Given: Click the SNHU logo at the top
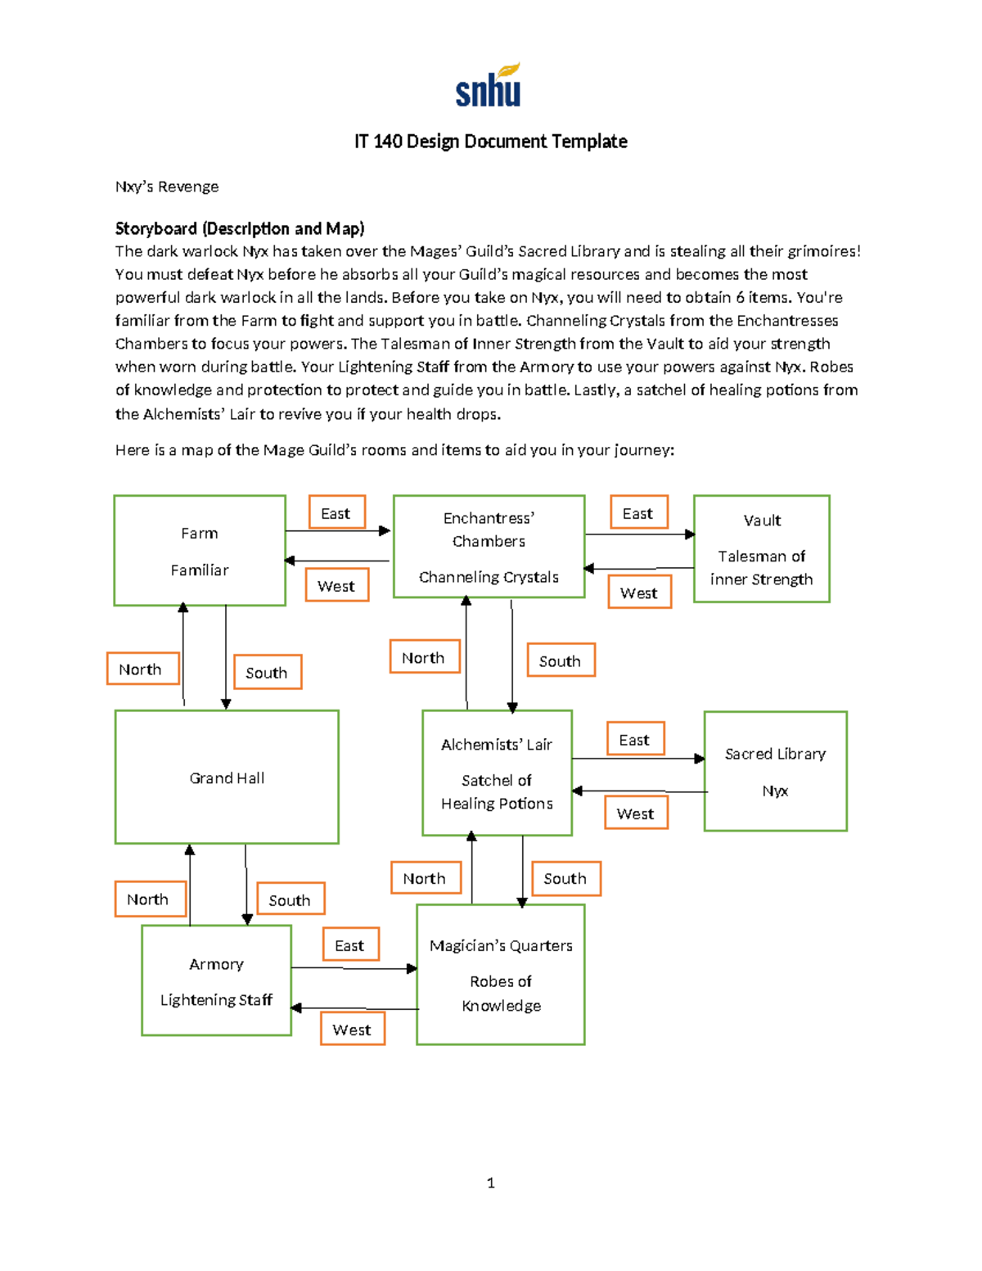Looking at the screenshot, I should point(489,86).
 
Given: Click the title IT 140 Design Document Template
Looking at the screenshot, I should point(490,142).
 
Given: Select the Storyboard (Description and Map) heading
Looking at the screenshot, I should point(239,228).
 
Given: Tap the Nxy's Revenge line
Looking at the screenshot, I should point(167,187).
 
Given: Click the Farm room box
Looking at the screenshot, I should point(200,550).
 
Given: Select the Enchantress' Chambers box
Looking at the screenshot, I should point(489,546).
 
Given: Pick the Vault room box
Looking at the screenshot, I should point(761,548).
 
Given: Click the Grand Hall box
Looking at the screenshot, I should point(227,777).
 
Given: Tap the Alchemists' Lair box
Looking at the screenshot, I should point(497,773).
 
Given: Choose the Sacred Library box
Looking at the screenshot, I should point(775,771).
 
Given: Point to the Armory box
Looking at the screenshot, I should point(216,980).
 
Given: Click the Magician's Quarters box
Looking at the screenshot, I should point(501,974).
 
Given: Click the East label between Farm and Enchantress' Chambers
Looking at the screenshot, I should point(336,513).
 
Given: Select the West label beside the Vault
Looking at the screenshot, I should point(639,593).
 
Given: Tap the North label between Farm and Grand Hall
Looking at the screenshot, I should point(142,669).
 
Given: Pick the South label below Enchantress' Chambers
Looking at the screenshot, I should point(561,660).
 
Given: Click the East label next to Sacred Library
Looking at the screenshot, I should point(635,739).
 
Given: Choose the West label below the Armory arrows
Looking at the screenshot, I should point(352,1030).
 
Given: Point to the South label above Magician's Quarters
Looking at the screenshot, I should point(565,878).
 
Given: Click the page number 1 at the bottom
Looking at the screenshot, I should point(490,1183).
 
